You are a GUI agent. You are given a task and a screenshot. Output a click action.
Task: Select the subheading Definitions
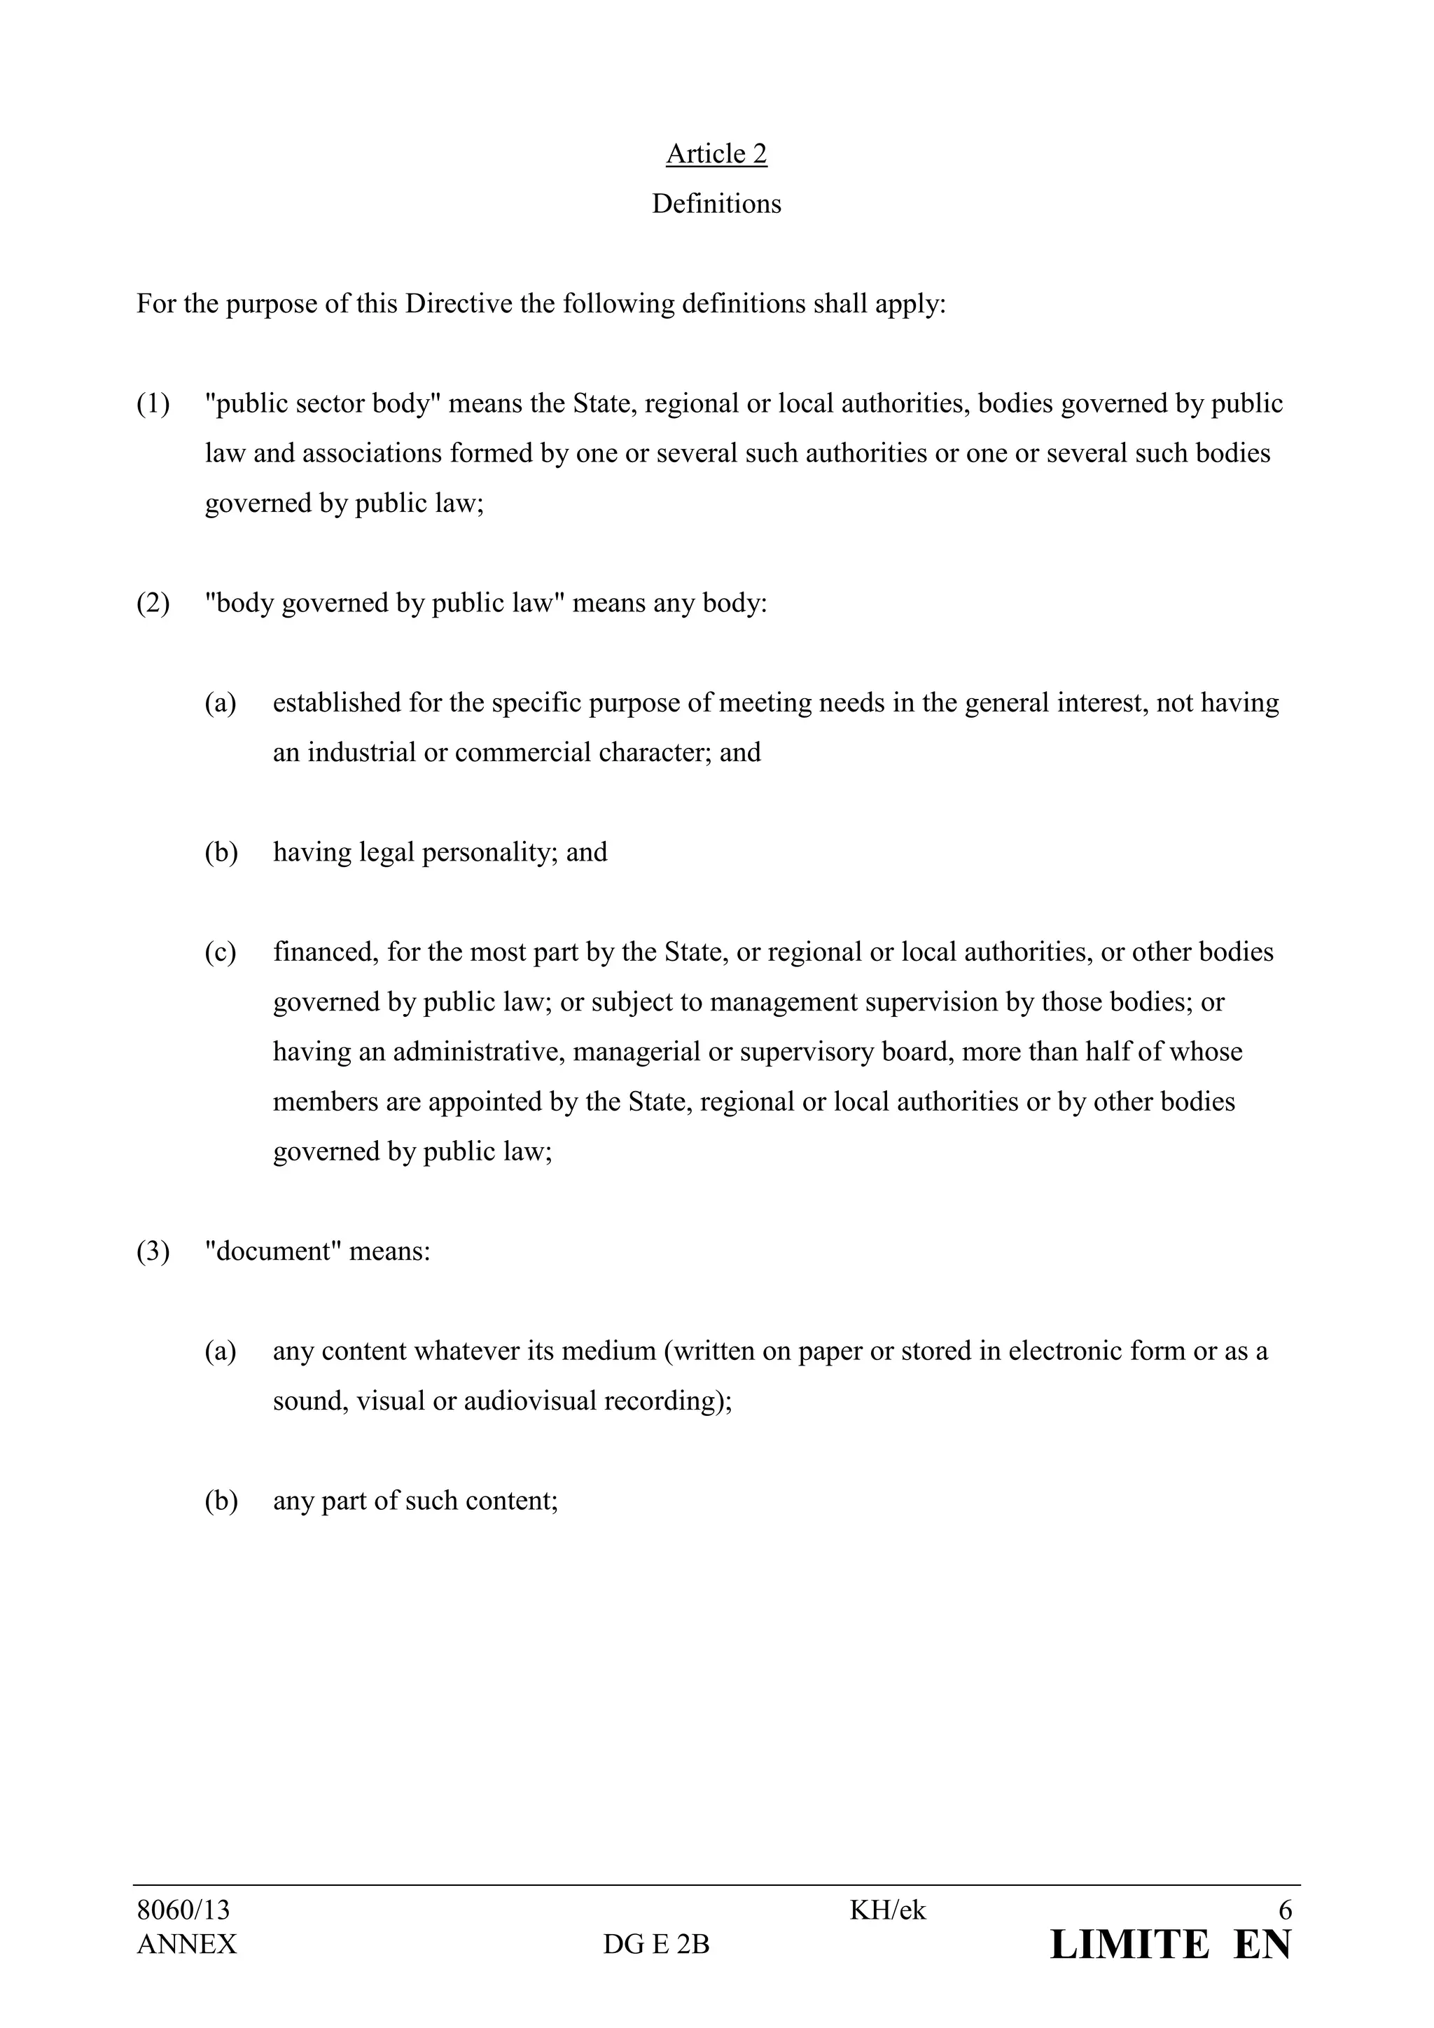716,204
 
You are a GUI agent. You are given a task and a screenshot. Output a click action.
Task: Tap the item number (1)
153,403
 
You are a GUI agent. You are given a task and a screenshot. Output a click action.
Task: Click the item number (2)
153,603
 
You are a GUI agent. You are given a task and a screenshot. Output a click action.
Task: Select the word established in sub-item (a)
336,703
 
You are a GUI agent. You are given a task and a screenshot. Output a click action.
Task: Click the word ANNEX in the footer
186,1944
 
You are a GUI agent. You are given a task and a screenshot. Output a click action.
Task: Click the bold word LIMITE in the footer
1129,1945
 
